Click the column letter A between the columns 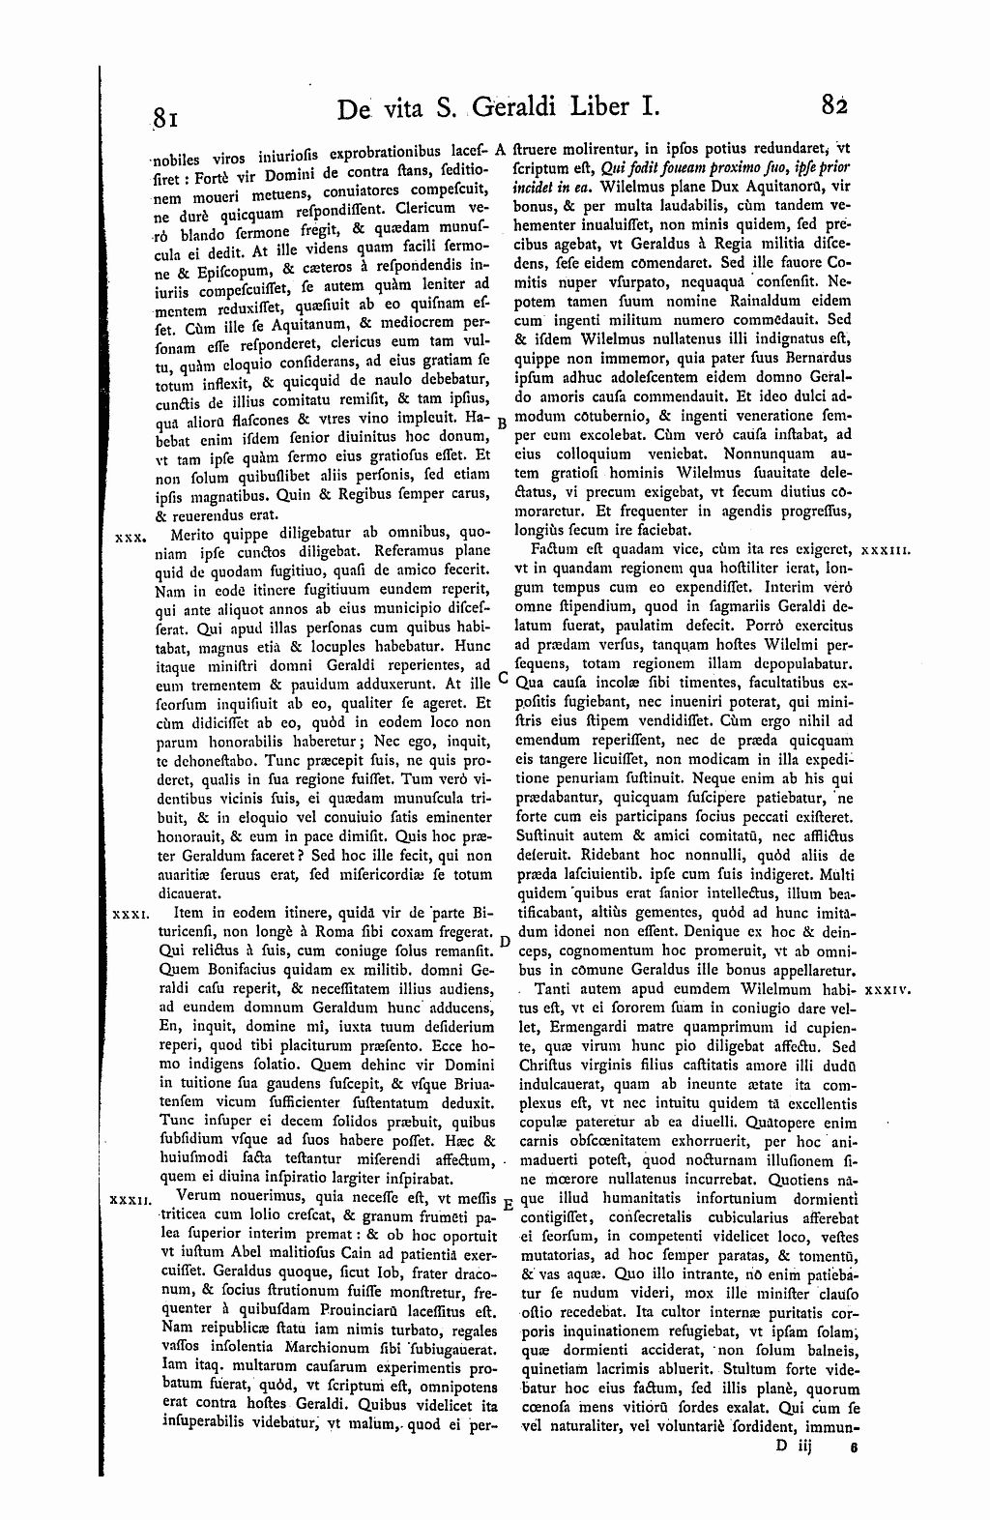[x=502, y=150]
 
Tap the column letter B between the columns [x=501, y=424]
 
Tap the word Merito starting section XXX [x=192, y=533]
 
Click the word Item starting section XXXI [x=189, y=912]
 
